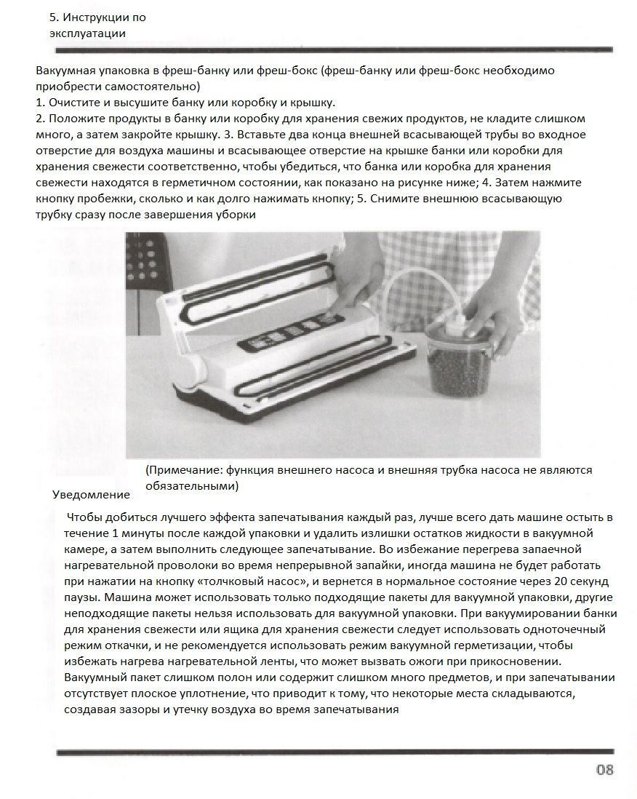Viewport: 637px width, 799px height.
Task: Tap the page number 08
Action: (x=605, y=770)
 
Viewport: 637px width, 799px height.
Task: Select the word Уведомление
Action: (x=92, y=494)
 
